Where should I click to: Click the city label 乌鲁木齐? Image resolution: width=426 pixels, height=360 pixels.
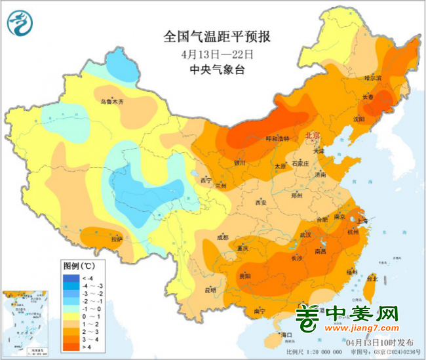pos(111,102)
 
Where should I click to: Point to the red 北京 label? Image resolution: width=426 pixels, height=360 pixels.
pos(313,135)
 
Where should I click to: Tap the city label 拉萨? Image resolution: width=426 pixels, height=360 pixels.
pos(116,240)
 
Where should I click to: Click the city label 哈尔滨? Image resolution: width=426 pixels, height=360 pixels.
pos(372,77)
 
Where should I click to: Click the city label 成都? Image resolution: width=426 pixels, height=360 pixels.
pos(224,237)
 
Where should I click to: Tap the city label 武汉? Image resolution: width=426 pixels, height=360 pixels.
pos(305,235)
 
